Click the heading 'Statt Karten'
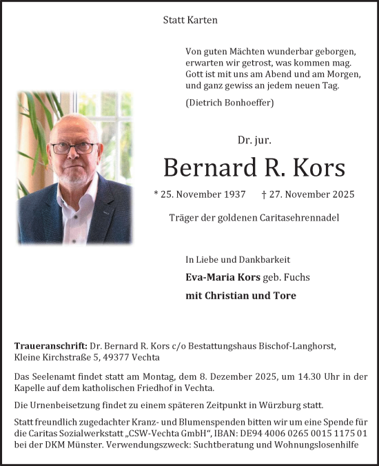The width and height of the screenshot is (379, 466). [190, 20]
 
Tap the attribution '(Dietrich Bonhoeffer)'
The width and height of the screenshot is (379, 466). [229, 103]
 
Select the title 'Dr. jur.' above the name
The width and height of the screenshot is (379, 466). [254, 140]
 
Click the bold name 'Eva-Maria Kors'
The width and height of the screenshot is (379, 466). [222, 277]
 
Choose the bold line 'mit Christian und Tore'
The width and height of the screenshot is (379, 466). [241, 296]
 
